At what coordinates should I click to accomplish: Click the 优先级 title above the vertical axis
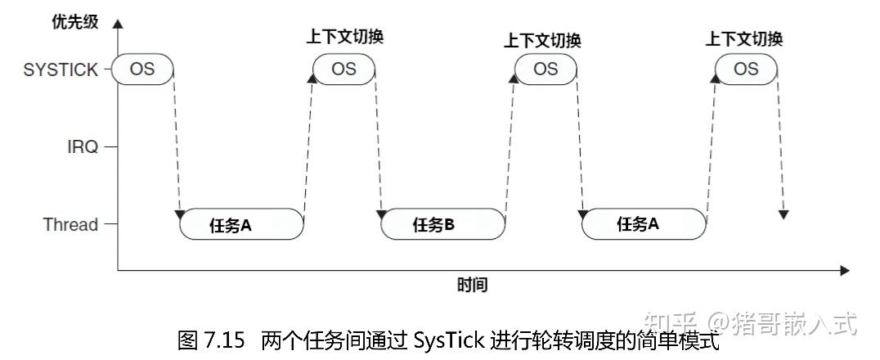[74, 21]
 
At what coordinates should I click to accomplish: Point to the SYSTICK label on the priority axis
[61, 70]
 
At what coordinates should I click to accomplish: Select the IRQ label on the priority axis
[83, 147]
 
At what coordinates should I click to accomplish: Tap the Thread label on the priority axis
[70, 224]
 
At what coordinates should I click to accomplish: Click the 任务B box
[442, 224]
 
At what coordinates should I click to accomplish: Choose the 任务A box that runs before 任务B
[240, 224]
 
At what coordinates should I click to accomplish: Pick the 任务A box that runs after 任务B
[644, 224]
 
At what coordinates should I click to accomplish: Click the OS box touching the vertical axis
[142, 69]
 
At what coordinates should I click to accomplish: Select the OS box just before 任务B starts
[343, 69]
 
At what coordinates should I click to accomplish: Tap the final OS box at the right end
[746, 69]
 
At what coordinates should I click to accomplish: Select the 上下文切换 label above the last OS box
[744, 38]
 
